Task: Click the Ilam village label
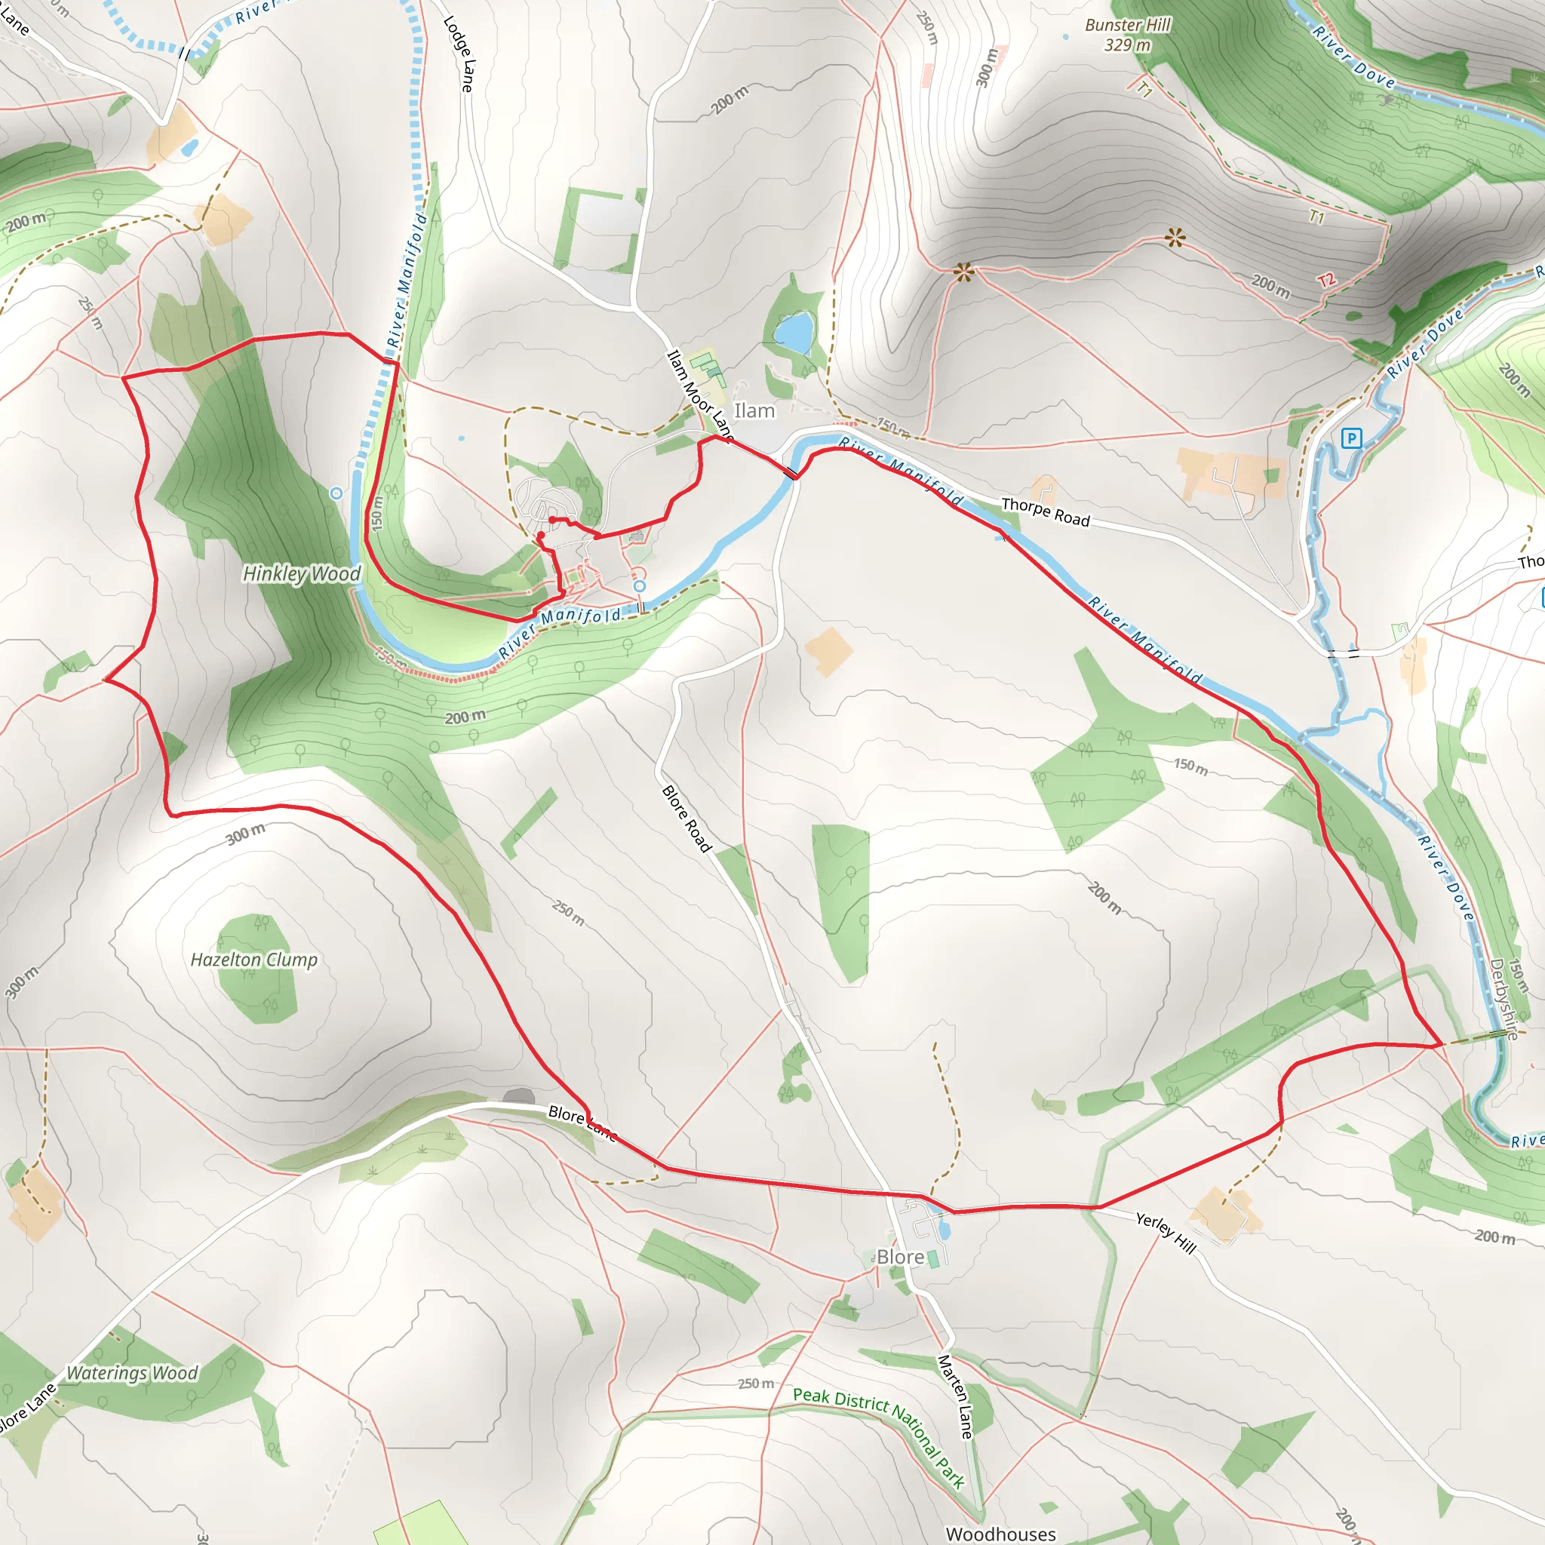(x=754, y=411)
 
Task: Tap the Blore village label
(x=901, y=1257)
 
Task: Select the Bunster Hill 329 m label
(x=1128, y=35)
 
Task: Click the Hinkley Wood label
(x=303, y=573)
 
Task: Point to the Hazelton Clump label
(x=254, y=960)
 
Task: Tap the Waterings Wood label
(x=132, y=1373)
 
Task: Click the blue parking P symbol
(x=1351, y=438)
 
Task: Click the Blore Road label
(x=687, y=818)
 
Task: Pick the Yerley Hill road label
(x=1166, y=1233)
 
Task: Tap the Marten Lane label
(x=957, y=1396)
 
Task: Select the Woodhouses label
(x=1000, y=1534)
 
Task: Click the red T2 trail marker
(x=1327, y=281)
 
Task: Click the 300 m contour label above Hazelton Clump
(x=245, y=834)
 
